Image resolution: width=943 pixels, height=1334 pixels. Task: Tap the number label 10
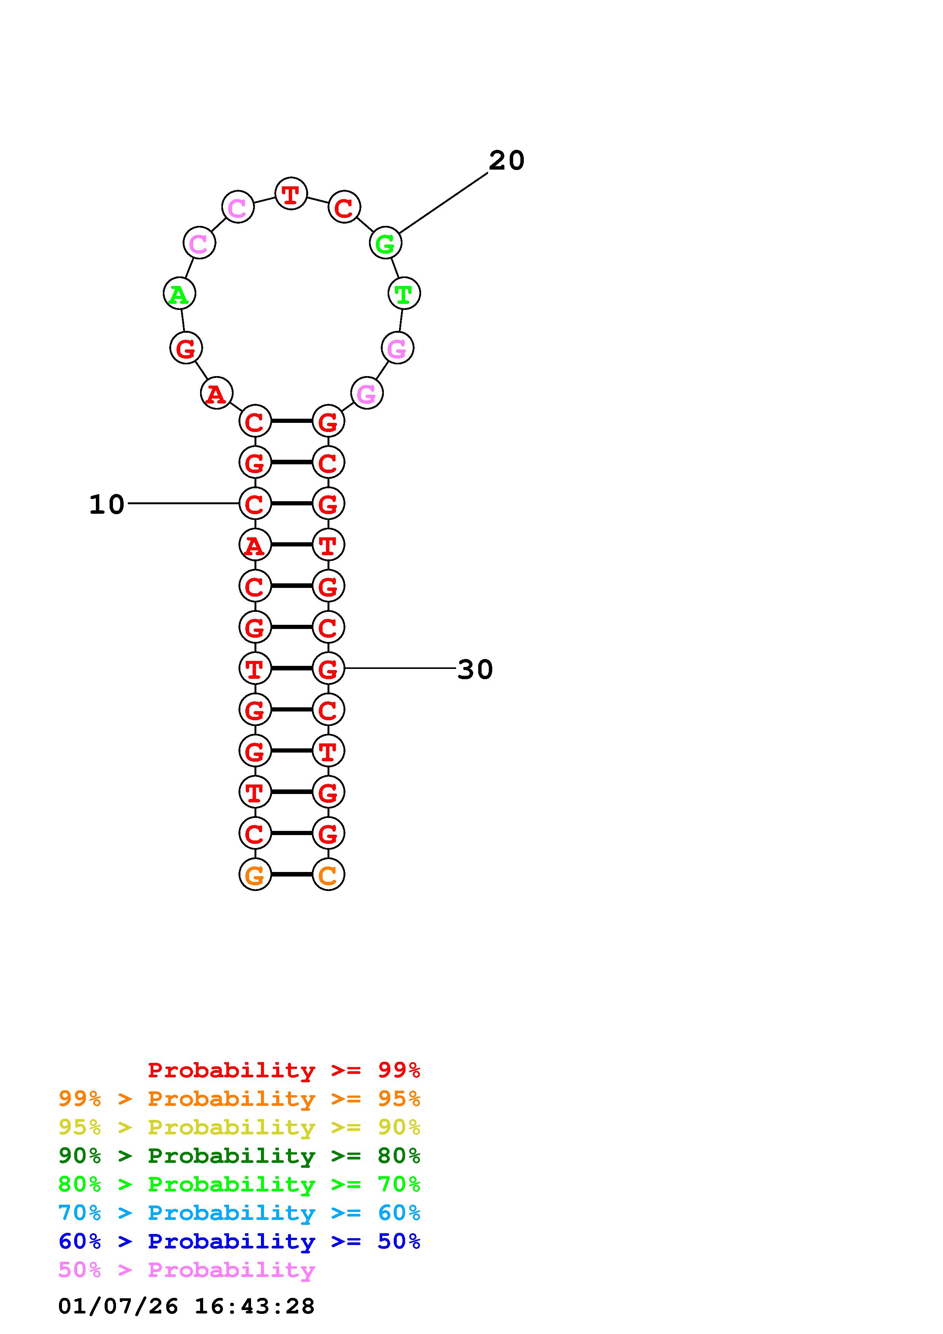[x=107, y=504]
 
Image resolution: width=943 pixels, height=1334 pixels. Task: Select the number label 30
[x=475, y=669]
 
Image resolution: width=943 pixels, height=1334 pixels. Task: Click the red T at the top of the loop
[x=291, y=194]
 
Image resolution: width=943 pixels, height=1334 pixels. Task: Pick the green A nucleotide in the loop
[x=180, y=294]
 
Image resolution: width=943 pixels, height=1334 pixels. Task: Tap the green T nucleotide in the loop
[x=404, y=294]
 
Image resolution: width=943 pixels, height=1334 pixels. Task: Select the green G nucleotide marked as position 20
[x=386, y=243]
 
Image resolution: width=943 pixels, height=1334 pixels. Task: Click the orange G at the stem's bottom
[x=255, y=874]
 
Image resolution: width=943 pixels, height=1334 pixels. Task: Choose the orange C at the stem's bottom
[x=328, y=874]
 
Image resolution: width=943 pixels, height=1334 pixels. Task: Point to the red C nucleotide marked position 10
[x=255, y=503]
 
